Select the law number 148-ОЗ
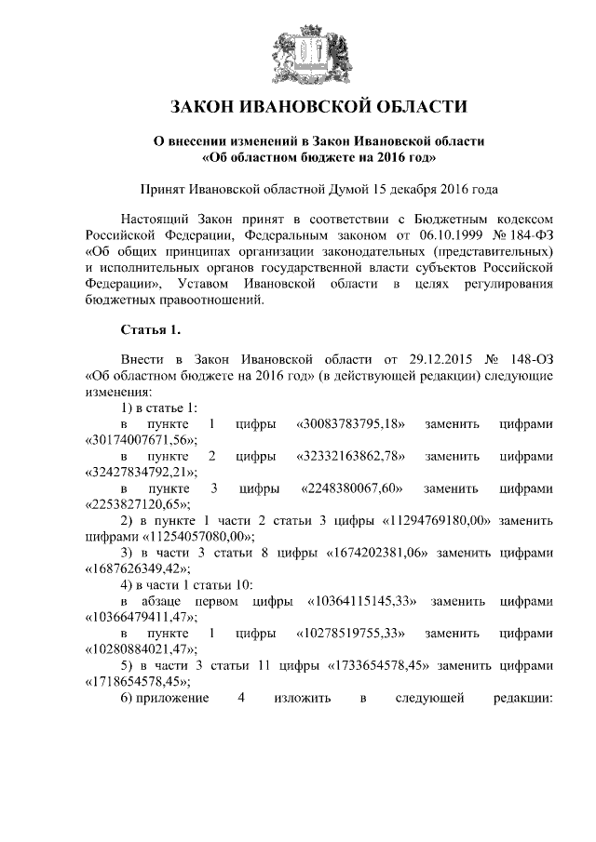532,359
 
